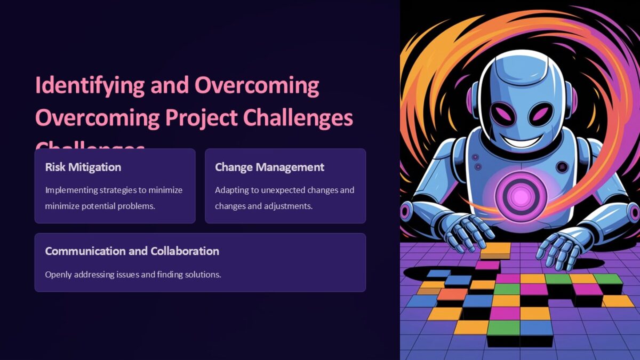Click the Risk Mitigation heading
pos(83,167)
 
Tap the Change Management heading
pos(269,167)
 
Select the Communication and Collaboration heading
pos(132,251)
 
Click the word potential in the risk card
pos(99,205)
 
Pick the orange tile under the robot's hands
pos(495,250)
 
